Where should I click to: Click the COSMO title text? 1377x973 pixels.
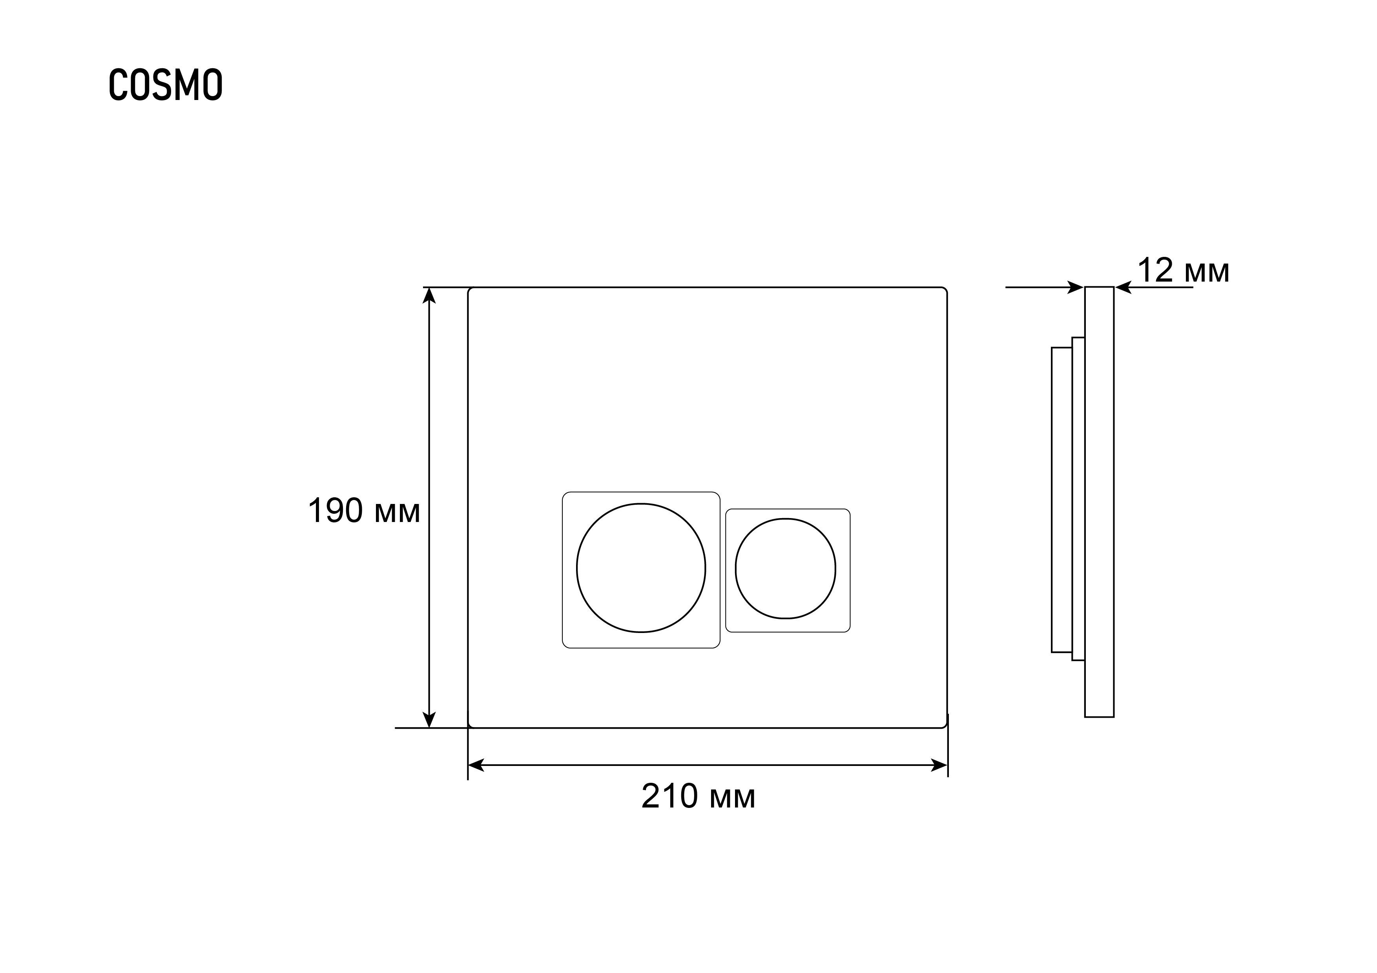pyautogui.click(x=166, y=85)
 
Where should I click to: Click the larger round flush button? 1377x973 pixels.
pyautogui.click(x=641, y=568)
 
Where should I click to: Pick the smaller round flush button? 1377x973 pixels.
pyautogui.click(x=786, y=568)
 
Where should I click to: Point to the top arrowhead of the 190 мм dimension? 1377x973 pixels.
pyautogui.click(x=429, y=295)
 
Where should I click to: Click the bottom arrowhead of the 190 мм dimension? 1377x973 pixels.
pyautogui.click(x=429, y=720)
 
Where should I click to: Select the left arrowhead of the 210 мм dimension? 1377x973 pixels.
pyautogui.click(x=476, y=766)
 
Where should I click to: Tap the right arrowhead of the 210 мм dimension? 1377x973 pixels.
pyautogui.click(x=939, y=766)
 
